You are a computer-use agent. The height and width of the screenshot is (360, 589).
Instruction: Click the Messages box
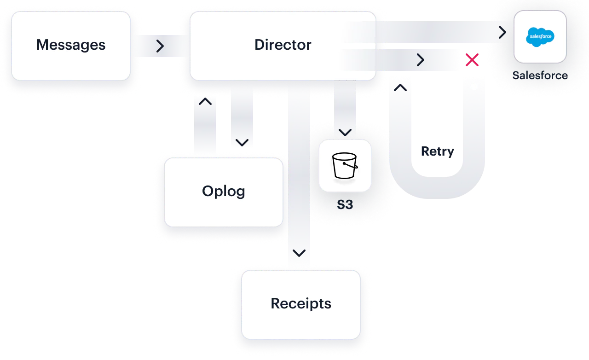coord(71,45)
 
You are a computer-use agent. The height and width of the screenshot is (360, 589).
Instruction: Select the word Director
coord(283,45)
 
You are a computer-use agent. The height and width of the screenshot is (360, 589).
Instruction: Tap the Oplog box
coord(224,192)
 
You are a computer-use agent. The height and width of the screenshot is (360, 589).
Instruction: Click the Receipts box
coord(301,304)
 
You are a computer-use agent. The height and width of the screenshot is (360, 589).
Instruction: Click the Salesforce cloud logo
coord(540,37)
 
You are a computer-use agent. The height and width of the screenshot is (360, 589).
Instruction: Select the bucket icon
coord(345,166)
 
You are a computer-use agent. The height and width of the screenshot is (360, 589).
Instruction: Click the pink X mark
coord(471,59)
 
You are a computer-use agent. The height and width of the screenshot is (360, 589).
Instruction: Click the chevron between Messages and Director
coord(160,46)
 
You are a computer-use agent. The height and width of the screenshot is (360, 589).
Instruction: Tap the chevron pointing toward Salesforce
coord(502,32)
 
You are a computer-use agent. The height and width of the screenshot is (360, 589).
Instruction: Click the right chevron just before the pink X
coord(420,60)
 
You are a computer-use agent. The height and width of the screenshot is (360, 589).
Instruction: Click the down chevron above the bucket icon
coord(345,133)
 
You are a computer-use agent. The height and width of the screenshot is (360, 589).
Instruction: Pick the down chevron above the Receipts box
coord(299,253)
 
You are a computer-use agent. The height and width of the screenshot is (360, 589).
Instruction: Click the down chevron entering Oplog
coord(242,142)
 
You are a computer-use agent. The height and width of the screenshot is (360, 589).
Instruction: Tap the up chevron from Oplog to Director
coord(205,102)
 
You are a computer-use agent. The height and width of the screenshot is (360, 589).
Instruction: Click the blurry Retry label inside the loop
coord(437,152)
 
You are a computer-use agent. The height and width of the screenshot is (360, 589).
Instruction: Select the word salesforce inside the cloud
coord(540,36)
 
